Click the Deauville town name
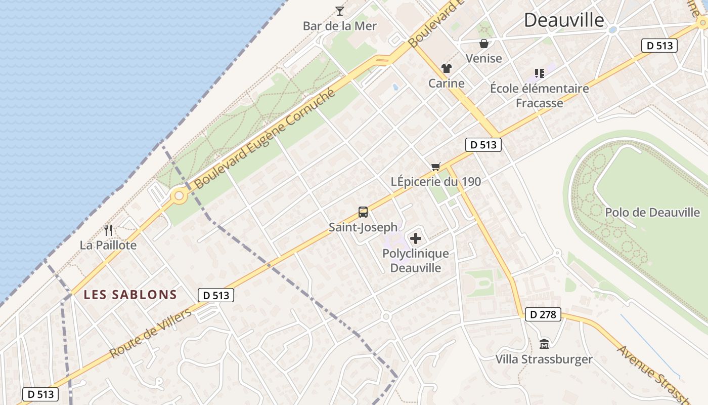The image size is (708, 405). click(x=564, y=20)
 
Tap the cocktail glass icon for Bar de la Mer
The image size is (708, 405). click(x=340, y=11)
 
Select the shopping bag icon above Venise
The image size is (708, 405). click(x=484, y=44)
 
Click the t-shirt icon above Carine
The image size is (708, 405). click(x=446, y=68)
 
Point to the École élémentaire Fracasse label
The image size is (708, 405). click(x=539, y=96)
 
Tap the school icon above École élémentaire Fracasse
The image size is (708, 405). click(x=540, y=73)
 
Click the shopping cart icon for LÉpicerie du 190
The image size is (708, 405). click(x=436, y=167)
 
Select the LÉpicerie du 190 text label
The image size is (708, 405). click(x=436, y=181)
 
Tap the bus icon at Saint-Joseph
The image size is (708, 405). click(x=363, y=212)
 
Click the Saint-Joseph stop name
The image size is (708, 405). click(x=363, y=227)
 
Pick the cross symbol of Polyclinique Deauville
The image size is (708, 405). click(x=416, y=238)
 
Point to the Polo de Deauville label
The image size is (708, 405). click(x=652, y=212)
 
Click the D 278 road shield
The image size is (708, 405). click(x=544, y=314)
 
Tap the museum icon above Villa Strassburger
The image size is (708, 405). click(x=544, y=344)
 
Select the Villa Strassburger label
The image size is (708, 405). click(x=544, y=359)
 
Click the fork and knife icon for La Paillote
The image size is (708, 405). click(x=108, y=230)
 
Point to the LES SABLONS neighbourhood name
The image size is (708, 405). click(x=130, y=295)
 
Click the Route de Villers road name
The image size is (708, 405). click(x=151, y=333)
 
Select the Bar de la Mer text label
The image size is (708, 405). click(x=340, y=26)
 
